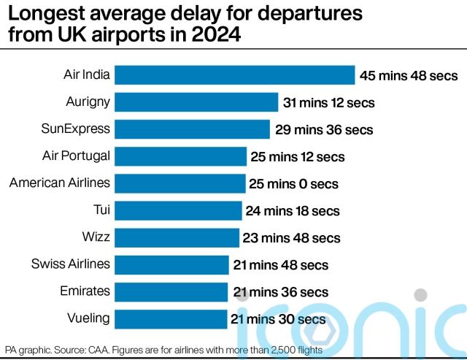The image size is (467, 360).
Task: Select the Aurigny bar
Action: click(196, 102)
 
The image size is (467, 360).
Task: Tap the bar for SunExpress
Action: click(193, 129)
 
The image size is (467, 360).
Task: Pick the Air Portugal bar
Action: click(181, 156)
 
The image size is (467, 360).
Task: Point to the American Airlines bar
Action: click(180, 183)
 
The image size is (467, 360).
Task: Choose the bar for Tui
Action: click(178, 210)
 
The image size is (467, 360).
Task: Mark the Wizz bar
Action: click(177, 237)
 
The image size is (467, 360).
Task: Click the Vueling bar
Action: click(171, 318)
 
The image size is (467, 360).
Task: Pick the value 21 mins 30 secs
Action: click(278, 319)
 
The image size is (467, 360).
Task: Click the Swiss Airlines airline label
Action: click(71, 264)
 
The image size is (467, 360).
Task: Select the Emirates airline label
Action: click(85, 291)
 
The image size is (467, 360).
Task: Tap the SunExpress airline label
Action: click(76, 129)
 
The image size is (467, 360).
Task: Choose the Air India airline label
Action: click(87, 74)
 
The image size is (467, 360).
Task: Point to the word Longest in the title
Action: click(50, 13)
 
